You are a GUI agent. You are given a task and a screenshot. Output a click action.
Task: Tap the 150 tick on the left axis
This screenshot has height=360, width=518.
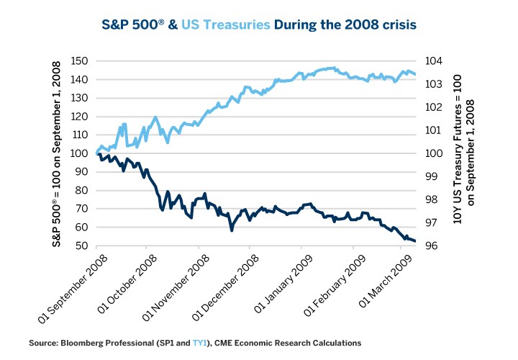point(81,60)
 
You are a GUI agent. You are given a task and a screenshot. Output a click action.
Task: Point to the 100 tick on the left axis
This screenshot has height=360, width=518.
point(81,153)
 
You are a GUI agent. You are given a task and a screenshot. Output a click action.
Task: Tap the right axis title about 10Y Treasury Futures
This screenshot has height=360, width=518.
point(463,153)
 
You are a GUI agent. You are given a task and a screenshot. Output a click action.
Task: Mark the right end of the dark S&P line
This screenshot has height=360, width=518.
point(415,241)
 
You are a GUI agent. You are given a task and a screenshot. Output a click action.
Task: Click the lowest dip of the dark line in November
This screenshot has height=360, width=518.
point(232,230)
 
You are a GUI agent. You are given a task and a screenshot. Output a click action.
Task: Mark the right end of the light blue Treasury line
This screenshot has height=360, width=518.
point(415,74)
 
